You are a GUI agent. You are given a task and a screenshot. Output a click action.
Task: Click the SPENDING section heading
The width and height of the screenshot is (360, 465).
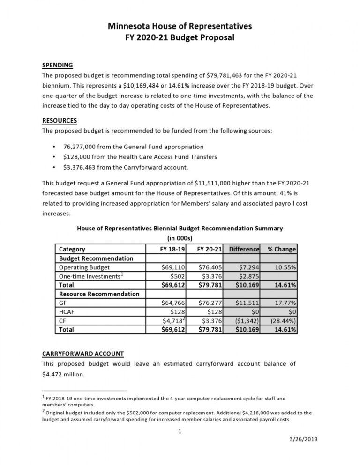tap(57, 65)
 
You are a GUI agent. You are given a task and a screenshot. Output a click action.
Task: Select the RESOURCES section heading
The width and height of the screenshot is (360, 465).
tap(60, 120)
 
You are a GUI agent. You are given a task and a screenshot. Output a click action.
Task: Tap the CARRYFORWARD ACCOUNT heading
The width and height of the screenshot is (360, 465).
tap(83, 354)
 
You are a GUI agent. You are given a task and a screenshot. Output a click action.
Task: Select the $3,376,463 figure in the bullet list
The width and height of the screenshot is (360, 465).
tap(82, 167)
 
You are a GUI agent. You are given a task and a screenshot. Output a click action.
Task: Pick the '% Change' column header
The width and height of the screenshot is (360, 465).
tap(281, 249)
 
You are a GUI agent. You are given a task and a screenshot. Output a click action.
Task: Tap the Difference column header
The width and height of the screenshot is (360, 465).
tap(244, 249)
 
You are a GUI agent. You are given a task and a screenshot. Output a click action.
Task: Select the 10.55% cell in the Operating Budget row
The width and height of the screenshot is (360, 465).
tap(285, 267)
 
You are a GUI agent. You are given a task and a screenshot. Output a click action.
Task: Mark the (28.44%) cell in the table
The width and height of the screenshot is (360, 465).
tap(282, 321)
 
